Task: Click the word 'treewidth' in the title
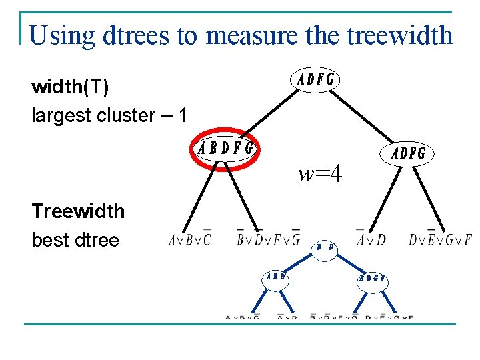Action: pyautogui.click(x=400, y=35)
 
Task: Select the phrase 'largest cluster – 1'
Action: pyautogui.click(x=109, y=115)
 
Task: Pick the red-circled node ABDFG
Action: pyautogui.click(x=226, y=148)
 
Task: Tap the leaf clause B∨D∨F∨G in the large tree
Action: pyautogui.click(x=268, y=239)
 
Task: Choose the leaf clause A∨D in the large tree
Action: pyautogui.click(x=371, y=239)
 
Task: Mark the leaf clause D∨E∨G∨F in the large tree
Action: pyautogui.click(x=440, y=239)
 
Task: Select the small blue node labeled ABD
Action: pyautogui.click(x=276, y=277)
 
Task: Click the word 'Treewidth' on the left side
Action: pyautogui.click(x=78, y=211)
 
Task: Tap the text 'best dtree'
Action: pyautogui.click(x=75, y=240)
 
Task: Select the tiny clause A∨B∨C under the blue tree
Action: pyautogui.click(x=243, y=317)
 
